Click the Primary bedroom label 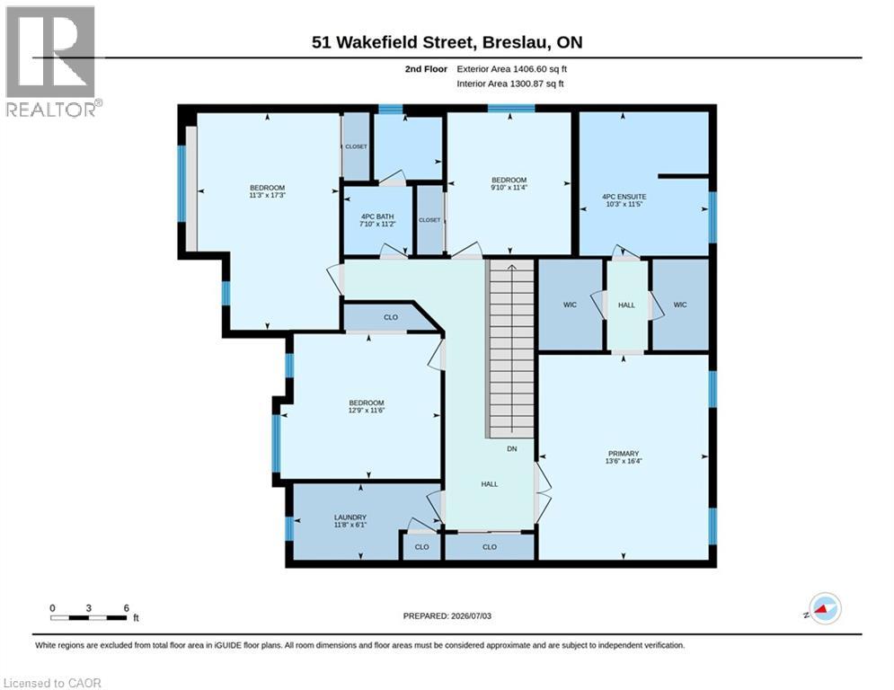[624, 454]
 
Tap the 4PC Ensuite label [624, 196]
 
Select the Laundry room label [350, 517]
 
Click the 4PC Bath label [377, 217]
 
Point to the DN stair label [512, 449]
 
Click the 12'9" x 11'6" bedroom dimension [367, 410]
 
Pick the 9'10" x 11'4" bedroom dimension [509, 187]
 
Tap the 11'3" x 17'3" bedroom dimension [267, 195]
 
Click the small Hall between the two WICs [626, 305]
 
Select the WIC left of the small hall [571, 305]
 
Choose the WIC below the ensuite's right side [680, 305]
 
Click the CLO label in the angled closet [391, 317]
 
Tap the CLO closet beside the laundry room [422, 547]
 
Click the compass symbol [825, 608]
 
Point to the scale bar [89, 617]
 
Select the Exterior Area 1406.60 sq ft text [511, 69]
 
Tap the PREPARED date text [447, 615]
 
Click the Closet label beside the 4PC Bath [429, 220]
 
